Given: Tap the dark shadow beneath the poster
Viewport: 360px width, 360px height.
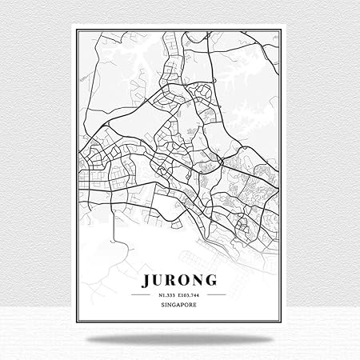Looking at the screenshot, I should point(181,342).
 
